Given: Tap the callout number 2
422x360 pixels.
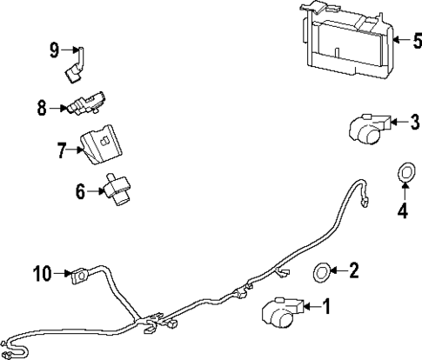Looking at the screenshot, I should tap(353, 271).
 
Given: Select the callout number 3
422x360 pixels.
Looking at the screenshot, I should tap(415, 123).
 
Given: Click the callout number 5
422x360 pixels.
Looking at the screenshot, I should tap(415, 39).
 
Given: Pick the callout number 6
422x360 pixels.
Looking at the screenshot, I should tap(81, 191).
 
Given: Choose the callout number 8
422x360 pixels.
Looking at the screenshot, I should tap(41, 109).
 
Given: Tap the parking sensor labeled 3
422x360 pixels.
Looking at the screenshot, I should tap(368, 129).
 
